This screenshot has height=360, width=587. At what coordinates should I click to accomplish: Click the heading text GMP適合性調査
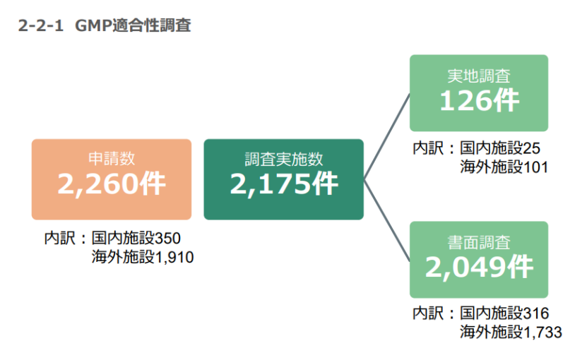click(x=133, y=25)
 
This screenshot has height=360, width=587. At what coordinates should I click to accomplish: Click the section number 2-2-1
click(x=40, y=26)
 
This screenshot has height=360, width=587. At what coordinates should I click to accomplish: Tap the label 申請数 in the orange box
click(x=112, y=159)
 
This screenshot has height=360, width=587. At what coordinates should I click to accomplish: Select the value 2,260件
click(x=112, y=184)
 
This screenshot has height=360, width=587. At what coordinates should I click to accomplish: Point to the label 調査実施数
click(x=284, y=159)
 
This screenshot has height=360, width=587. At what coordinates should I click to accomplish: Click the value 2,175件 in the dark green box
click(x=284, y=184)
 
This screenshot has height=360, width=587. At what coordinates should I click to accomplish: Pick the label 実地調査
click(x=479, y=76)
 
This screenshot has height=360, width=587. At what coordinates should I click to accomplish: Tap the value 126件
click(x=479, y=101)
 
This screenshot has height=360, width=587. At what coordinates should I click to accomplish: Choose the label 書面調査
click(x=479, y=243)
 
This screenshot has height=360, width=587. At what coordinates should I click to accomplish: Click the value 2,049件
click(x=479, y=267)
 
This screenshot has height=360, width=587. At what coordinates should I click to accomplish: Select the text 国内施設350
click(x=136, y=238)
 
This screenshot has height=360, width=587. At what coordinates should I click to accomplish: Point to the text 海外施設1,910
click(x=142, y=257)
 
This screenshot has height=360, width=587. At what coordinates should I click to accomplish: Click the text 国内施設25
click(x=500, y=148)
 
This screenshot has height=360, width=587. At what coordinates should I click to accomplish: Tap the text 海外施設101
click(x=504, y=167)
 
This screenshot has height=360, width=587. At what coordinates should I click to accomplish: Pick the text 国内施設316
click(x=504, y=313)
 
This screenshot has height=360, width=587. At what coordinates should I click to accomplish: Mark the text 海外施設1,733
click(x=511, y=332)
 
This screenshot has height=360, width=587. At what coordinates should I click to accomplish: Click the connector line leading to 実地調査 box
click(x=386, y=136)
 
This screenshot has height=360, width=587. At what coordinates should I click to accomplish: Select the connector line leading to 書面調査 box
click(x=386, y=220)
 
